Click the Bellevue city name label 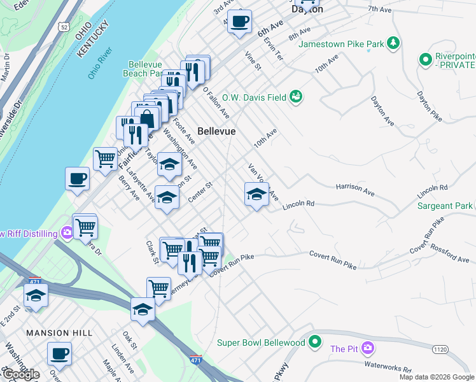[x=216, y=131]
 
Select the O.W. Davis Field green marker [x=296, y=97]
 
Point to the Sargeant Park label [x=445, y=206]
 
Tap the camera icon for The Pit [x=367, y=348]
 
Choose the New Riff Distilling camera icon [x=67, y=234]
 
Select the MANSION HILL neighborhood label [x=59, y=333]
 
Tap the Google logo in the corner [x=20, y=374]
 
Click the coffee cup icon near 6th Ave [x=240, y=21]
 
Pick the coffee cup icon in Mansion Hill [x=60, y=353]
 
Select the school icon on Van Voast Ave [x=256, y=194]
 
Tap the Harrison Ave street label [x=355, y=188]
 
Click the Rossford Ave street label [x=450, y=255]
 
